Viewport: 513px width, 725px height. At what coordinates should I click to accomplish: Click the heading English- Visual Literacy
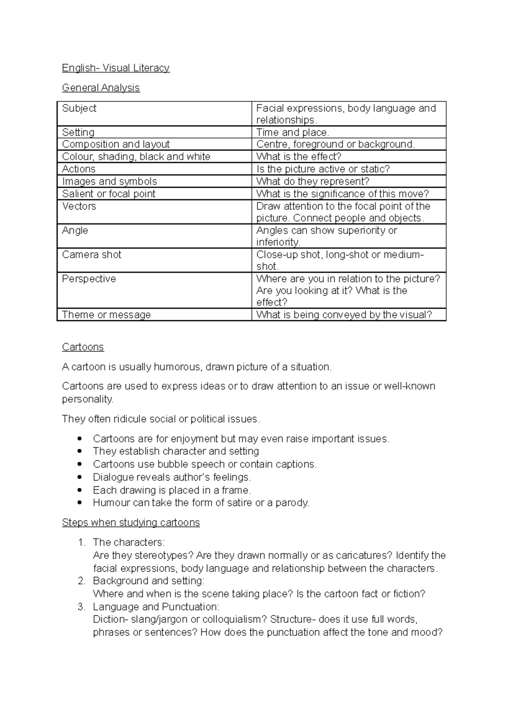coord(115,68)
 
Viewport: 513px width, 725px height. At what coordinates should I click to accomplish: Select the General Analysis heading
coord(101,88)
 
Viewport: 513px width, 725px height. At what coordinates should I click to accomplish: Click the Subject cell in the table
coord(79,108)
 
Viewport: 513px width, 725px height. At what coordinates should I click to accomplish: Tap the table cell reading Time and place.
coord(292,132)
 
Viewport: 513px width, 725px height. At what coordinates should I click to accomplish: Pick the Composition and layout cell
coord(116,144)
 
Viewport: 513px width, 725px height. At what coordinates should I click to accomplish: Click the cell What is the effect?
coord(298,157)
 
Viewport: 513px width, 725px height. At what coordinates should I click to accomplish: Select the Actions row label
coord(79,169)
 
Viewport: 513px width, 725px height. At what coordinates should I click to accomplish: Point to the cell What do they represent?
coord(313,181)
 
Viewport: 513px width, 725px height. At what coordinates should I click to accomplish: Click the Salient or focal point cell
coord(109,194)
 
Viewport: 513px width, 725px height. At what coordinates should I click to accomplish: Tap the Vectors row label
coord(79,206)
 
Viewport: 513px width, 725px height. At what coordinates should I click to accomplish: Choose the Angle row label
coord(75,231)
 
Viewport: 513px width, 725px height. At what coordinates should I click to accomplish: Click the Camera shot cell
coord(91,255)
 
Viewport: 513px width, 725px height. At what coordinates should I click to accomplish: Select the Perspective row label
coord(89,279)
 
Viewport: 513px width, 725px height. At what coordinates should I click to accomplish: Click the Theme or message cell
coord(106,315)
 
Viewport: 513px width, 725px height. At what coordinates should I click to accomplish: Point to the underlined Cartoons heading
coord(83,347)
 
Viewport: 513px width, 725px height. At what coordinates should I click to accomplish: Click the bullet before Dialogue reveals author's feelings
coord(79,477)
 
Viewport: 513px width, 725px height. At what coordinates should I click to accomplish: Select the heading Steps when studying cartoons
coord(131,523)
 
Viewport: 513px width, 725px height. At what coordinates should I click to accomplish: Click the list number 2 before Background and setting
coord(82,581)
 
